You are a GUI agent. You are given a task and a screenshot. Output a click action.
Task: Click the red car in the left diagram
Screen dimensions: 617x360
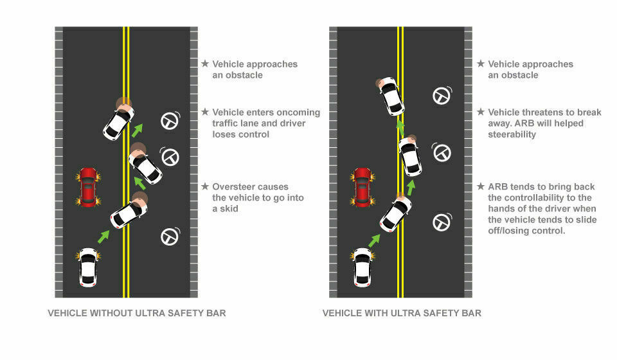(88, 187)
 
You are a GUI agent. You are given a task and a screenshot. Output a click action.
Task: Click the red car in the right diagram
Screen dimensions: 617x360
(362, 187)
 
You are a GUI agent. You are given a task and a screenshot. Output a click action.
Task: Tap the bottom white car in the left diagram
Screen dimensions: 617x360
(88, 267)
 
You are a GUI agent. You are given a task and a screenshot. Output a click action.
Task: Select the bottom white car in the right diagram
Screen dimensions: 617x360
(362, 267)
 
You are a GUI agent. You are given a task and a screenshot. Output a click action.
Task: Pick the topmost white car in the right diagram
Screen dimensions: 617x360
(391, 96)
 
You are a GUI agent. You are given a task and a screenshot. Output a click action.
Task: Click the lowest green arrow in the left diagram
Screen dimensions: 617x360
(103, 237)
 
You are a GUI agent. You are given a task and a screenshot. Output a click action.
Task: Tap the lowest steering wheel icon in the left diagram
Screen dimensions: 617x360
(170, 237)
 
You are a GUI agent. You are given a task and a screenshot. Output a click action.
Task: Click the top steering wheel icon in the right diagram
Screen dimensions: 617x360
(442, 96)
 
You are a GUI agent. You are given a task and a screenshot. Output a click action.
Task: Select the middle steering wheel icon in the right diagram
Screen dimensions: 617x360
(442, 152)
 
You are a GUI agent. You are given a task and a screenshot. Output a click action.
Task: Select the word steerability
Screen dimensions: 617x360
(512, 134)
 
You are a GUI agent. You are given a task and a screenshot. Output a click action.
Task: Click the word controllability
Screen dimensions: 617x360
(539, 197)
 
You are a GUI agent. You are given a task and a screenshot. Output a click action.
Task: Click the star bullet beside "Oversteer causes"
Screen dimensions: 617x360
(205, 186)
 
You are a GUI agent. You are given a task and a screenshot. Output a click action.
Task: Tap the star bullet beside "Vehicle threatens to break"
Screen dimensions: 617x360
(481, 112)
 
